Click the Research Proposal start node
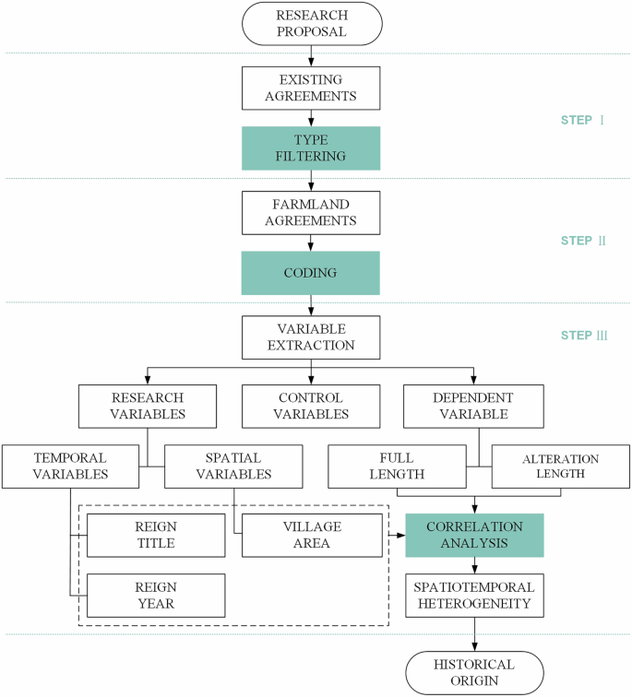[x=312, y=23]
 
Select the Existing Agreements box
[x=312, y=89]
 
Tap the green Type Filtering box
[x=312, y=148]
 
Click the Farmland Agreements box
[x=312, y=213]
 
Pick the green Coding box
[x=312, y=274]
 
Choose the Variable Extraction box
[x=312, y=338]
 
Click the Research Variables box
[x=149, y=405]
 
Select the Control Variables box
[x=312, y=405]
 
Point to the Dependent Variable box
[x=474, y=405]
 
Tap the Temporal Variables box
[x=70, y=466]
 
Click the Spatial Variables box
[x=233, y=466]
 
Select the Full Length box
[x=398, y=466]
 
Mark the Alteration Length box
[x=560, y=466]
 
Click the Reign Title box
[x=156, y=536]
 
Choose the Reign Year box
[x=156, y=596]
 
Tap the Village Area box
[x=312, y=536]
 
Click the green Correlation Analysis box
[x=474, y=536]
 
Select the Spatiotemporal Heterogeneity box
[x=474, y=596]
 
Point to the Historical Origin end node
[x=474, y=673]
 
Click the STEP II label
[x=583, y=241]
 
